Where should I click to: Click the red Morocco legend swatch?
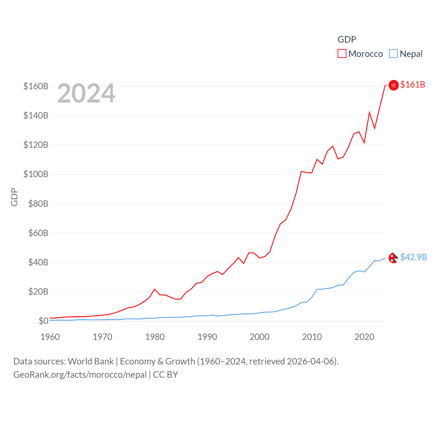342,53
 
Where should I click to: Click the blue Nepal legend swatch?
393,53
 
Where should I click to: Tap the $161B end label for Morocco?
412,84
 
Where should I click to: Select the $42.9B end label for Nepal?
414,257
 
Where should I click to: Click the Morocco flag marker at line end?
393,85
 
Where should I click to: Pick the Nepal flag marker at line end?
393,258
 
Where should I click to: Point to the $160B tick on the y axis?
36,86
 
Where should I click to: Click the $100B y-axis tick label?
36,174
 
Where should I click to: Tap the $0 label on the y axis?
43,321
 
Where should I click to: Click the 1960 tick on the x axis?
50,337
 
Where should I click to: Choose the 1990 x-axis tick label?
207,337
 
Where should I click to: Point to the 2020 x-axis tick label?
364,337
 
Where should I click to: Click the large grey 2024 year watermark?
86,93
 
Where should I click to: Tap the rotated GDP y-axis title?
14,197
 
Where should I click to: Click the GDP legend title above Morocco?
347,40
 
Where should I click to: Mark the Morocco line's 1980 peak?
155,289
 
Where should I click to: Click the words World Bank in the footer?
91,361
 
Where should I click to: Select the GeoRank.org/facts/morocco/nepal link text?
80,375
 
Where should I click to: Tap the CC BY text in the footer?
166,375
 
